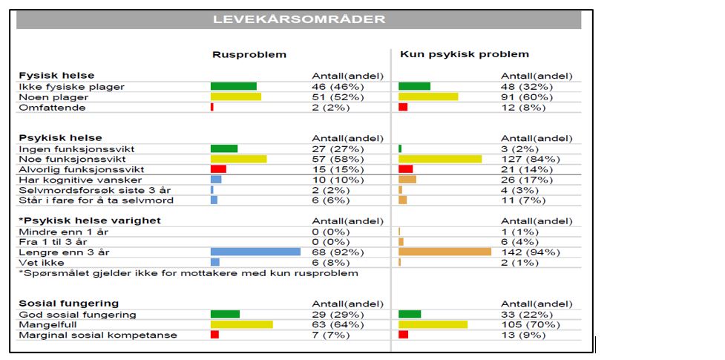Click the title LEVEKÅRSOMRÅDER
299,19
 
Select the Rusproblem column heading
249,54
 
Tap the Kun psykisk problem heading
465,54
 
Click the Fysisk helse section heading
56,76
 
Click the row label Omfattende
52,107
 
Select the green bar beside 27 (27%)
224,148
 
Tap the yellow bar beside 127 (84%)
440,159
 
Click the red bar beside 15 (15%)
218,169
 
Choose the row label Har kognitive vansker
80,180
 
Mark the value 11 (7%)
523,200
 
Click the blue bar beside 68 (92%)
255,252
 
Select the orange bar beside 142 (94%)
444,252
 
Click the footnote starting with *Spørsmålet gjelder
188,272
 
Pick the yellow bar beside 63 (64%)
241,324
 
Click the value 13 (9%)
523,335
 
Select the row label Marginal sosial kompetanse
98,335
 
